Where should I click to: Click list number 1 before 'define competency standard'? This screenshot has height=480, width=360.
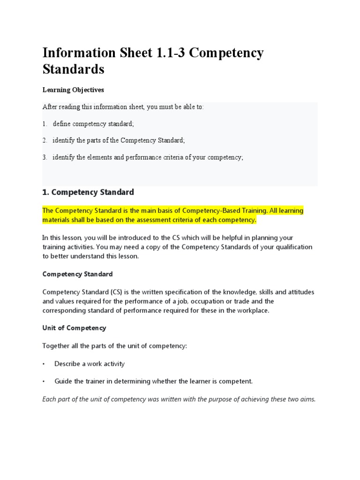pyautogui.click(x=45, y=124)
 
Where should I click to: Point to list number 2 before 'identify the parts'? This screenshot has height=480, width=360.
pyautogui.click(x=45, y=140)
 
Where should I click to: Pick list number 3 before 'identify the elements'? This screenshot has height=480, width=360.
pyautogui.click(x=45, y=157)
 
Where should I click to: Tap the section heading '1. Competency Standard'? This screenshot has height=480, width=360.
pyautogui.click(x=88, y=192)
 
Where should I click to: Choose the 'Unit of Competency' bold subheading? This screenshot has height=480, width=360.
pyautogui.click(x=74, y=328)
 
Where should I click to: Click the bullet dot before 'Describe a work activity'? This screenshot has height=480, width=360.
pyautogui.click(x=44, y=364)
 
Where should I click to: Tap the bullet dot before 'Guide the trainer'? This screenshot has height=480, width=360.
pyautogui.click(x=44, y=382)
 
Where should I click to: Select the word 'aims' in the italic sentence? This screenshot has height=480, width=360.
pyautogui.click(x=308, y=399)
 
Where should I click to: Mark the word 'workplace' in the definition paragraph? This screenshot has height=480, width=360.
pyautogui.click(x=254, y=310)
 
